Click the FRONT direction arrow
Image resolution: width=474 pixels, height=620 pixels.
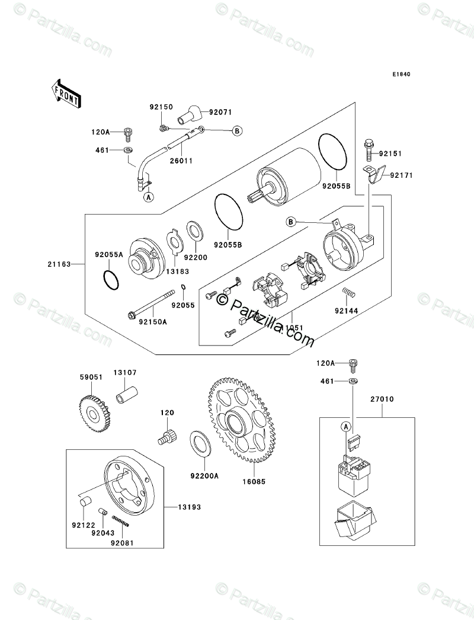[x=65, y=93]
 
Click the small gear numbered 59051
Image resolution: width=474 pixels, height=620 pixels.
[x=94, y=410]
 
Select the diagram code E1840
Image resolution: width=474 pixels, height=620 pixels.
[x=401, y=75]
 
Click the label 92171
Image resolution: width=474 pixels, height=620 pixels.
[x=401, y=175]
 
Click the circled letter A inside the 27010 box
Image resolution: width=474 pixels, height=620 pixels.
[x=345, y=426]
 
